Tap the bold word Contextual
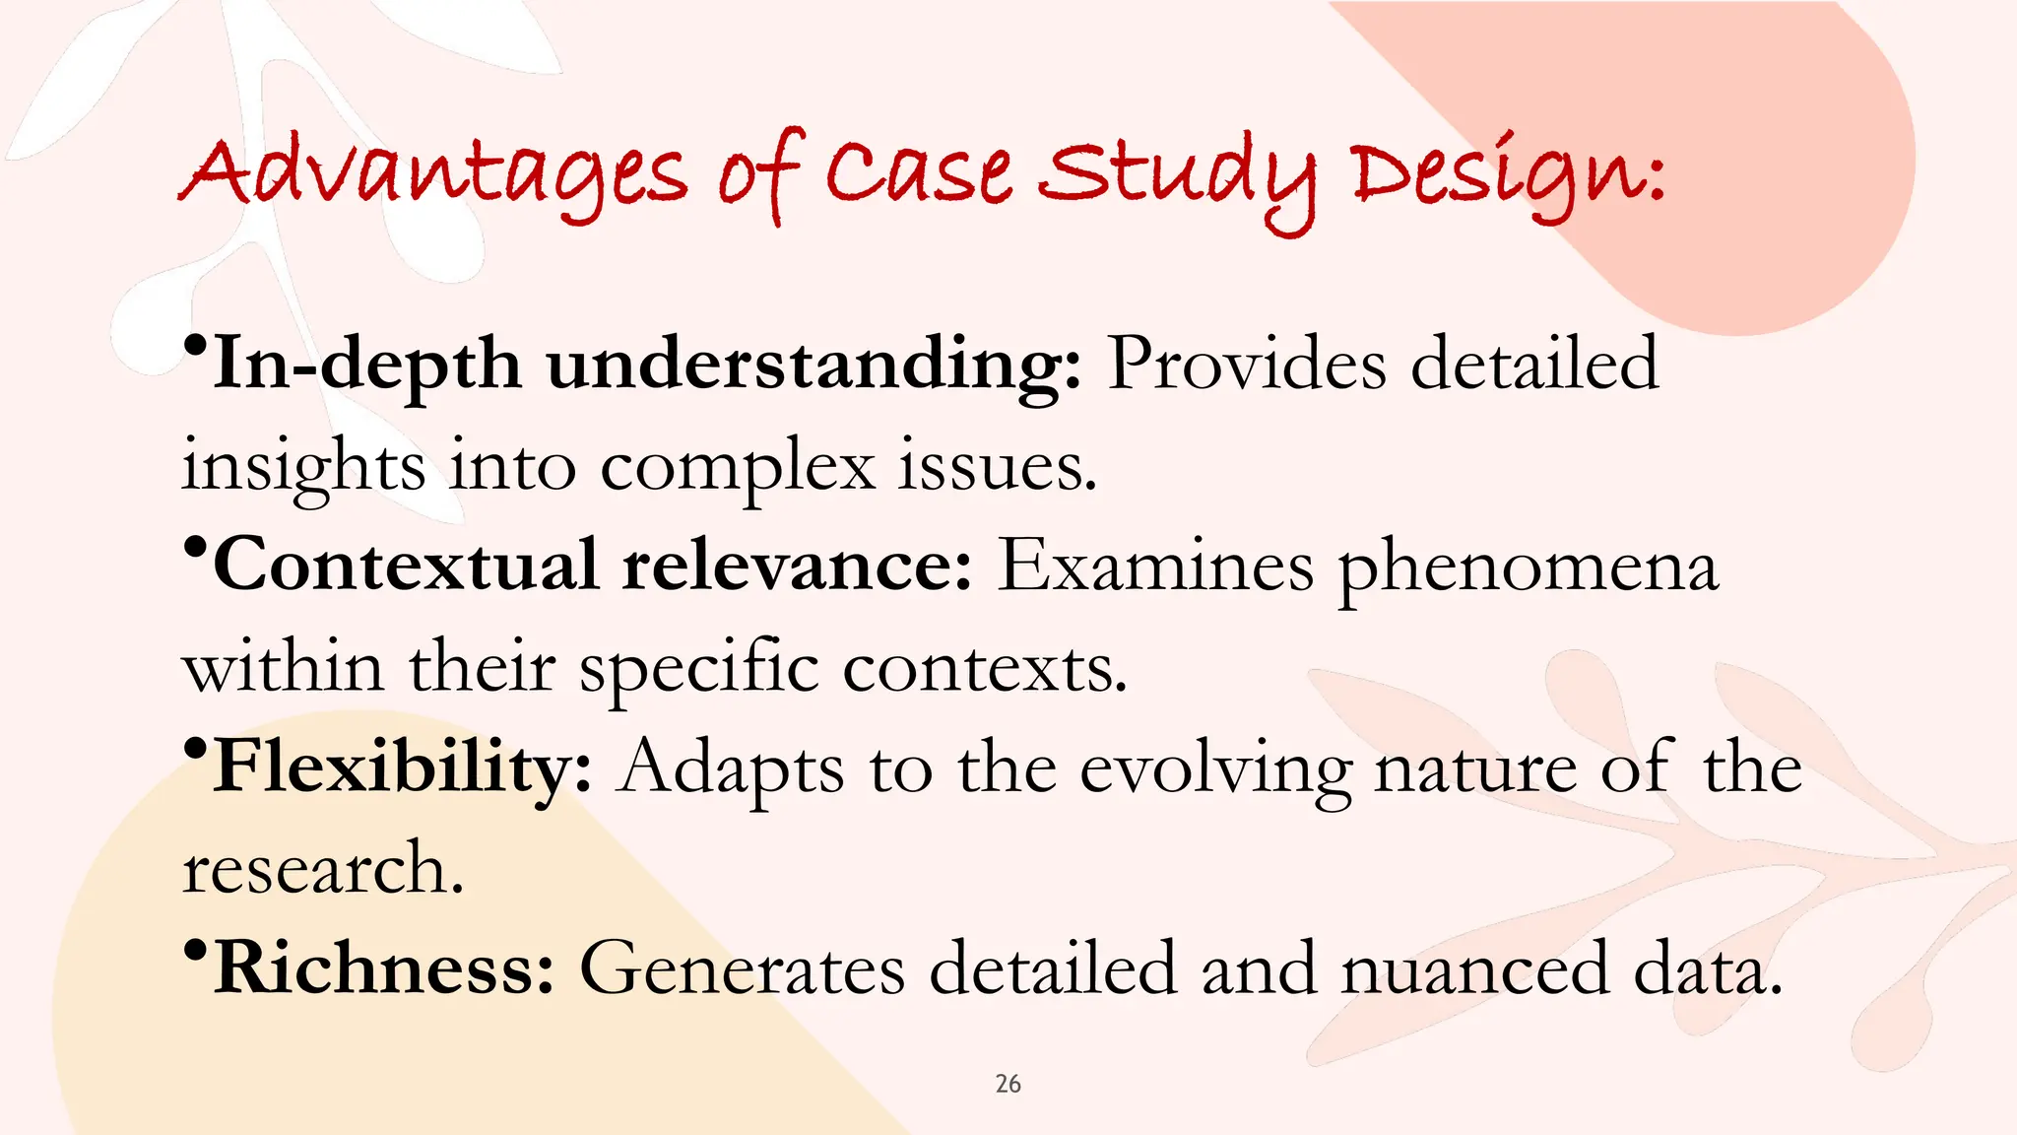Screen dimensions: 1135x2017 pos(406,566)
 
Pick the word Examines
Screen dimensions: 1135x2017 pos(1155,566)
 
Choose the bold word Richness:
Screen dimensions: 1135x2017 pos(385,968)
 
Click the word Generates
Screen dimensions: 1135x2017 pos(742,968)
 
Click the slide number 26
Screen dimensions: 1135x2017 pos(1008,1084)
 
